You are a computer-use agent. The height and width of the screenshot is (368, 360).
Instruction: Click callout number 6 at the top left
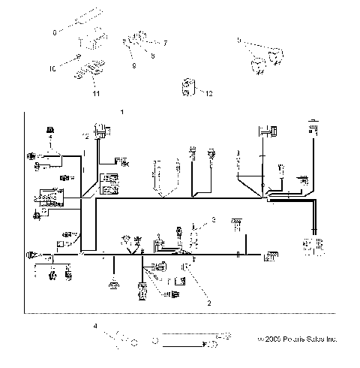pyautogui.click(x=54, y=32)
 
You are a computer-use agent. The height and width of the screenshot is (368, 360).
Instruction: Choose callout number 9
pyautogui.click(x=136, y=65)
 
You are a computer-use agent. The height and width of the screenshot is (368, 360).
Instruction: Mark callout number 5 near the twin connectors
pyautogui.click(x=238, y=39)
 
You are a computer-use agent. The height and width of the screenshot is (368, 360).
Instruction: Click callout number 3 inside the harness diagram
pyautogui.click(x=213, y=219)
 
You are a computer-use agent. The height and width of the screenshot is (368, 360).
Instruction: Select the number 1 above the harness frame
pyautogui.click(x=121, y=111)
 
